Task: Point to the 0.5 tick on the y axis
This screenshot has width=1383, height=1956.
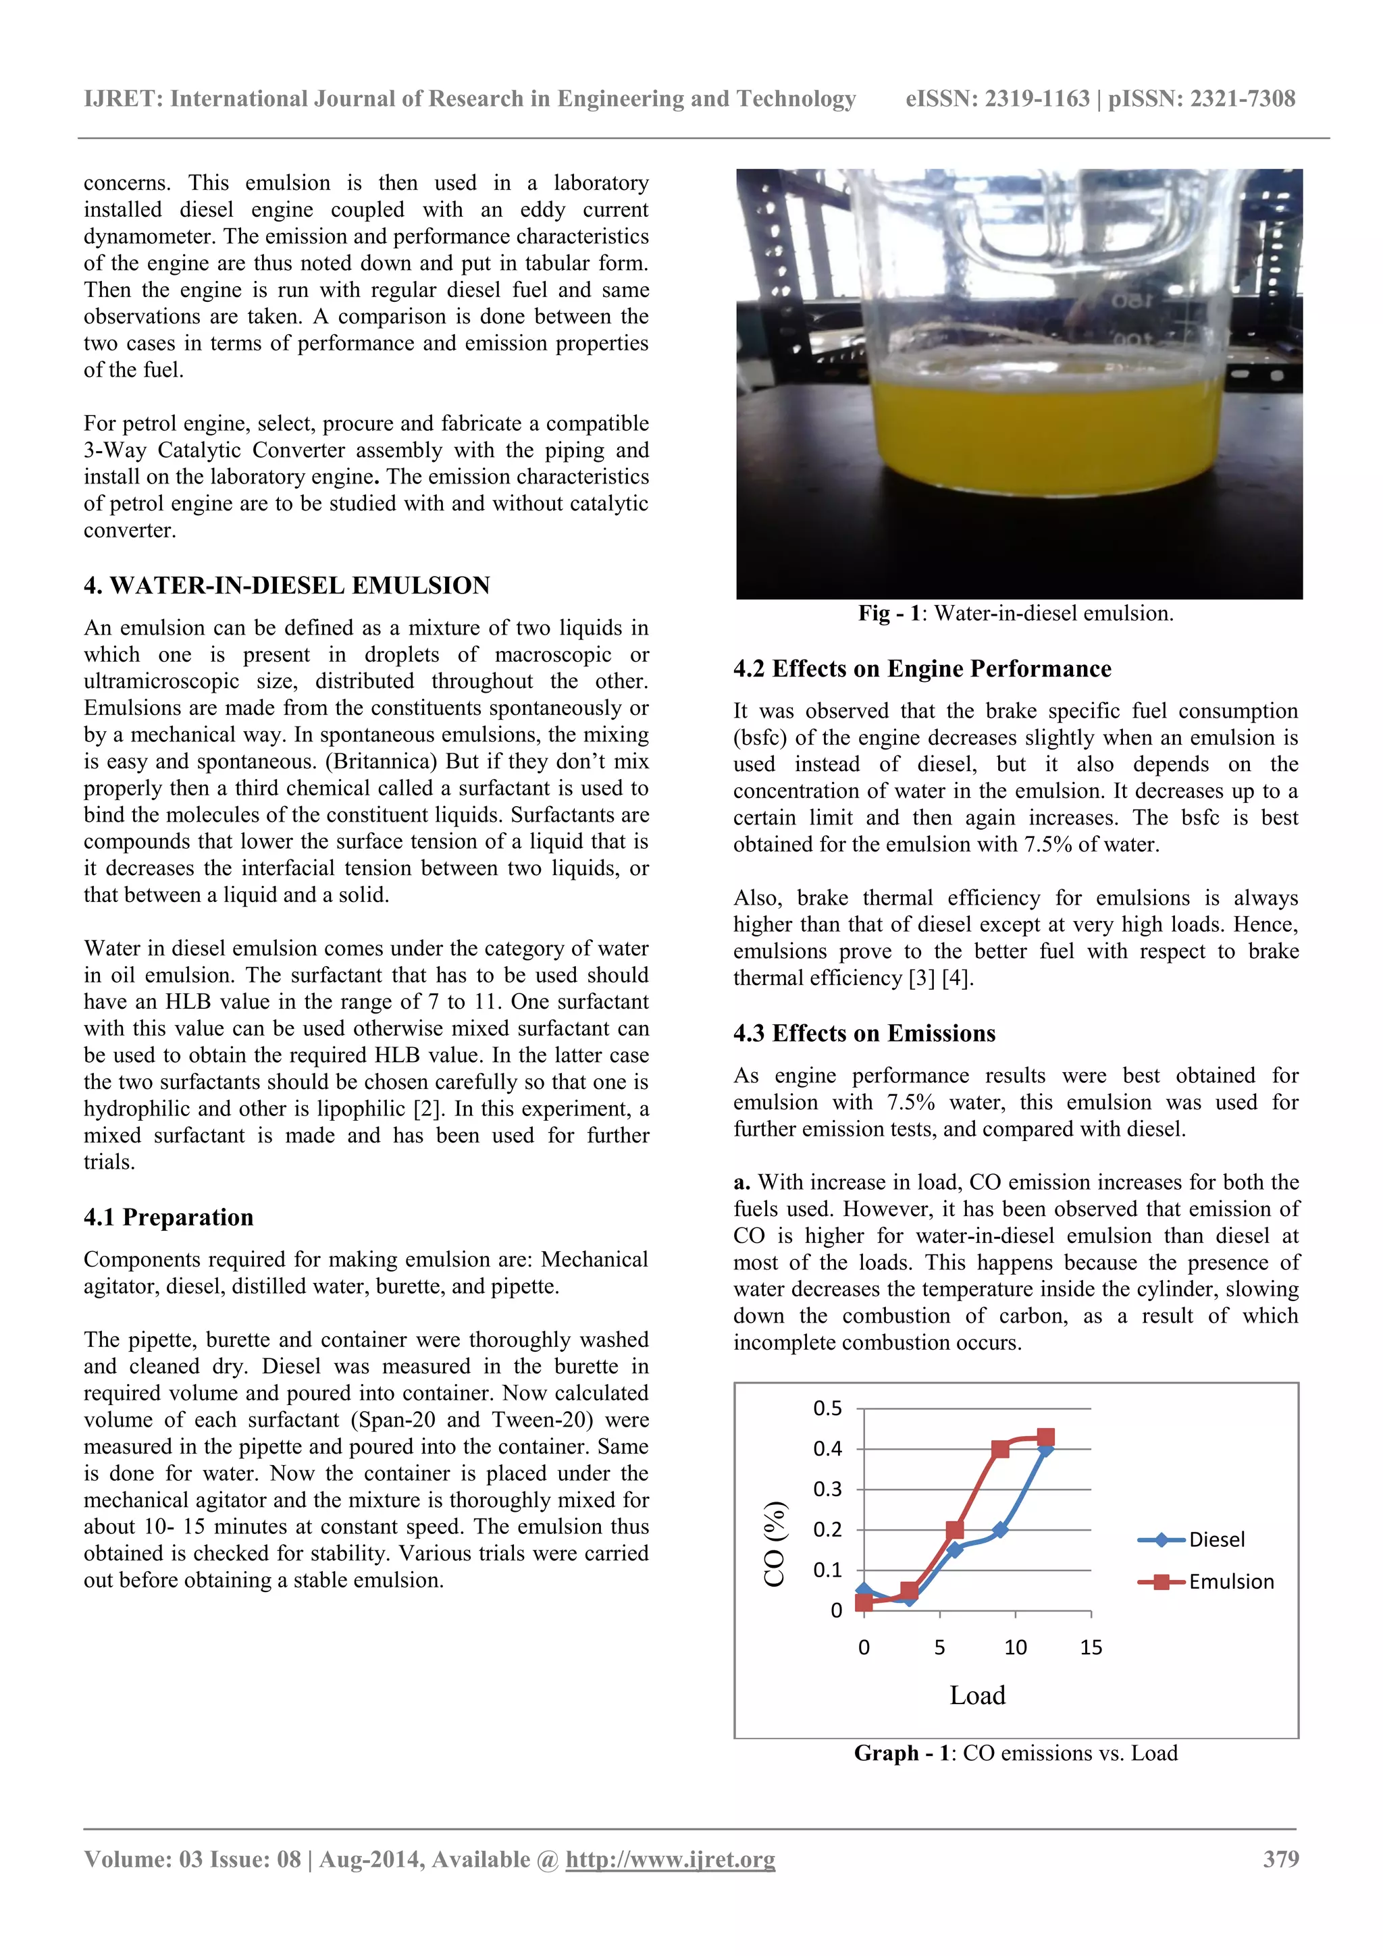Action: coord(827,1408)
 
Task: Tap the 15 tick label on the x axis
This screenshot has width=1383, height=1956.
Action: coord(1091,1647)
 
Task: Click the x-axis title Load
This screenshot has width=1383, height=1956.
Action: coord(977,1695)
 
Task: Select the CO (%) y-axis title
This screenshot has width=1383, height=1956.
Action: coord(774,1543)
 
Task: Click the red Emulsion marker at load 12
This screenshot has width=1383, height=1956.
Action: coord(1045,1437)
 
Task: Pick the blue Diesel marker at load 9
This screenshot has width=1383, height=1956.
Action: coord(1000,1530)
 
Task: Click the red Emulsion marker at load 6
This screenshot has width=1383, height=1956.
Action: coord(956,1530)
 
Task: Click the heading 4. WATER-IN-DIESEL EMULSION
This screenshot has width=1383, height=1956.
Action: coord(286,585)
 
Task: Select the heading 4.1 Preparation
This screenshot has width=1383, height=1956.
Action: coord(169,1217)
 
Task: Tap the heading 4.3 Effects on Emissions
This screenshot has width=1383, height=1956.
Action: coord(864,1034)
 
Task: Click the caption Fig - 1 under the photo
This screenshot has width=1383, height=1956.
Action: coord(1016,613)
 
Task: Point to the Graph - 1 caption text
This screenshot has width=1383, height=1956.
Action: coord(1016,1753)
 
